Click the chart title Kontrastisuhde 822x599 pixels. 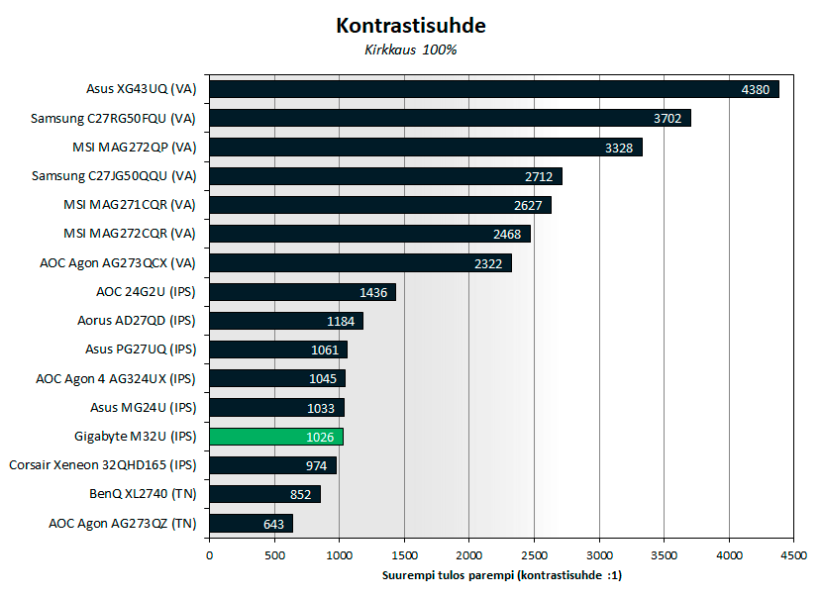coord(411,24)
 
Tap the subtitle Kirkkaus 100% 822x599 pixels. coord(411,50)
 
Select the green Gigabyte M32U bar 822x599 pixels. coord(276,437)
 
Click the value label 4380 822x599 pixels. coord(758,89)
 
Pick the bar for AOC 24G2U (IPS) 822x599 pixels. coord(302,292)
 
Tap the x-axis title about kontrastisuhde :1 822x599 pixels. coord(502,574)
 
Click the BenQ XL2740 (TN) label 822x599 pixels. coord(146,494)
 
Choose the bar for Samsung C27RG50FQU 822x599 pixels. coord(450,118)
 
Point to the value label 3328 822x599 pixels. coord(621,148)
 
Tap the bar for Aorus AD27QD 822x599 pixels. coord(286,321)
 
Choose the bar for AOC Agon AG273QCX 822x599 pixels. coord(360,263)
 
